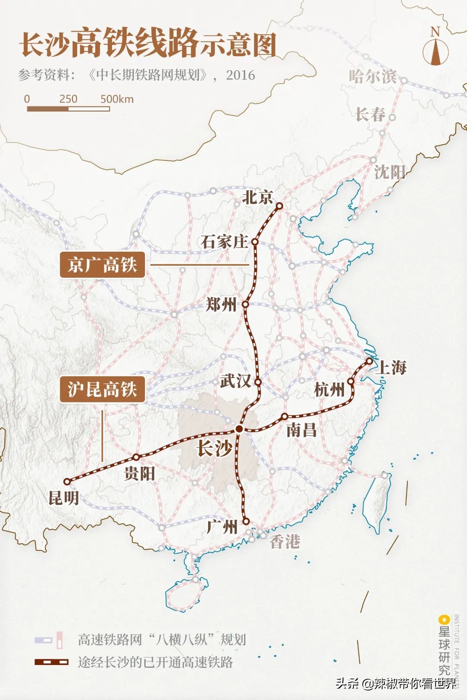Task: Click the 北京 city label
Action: (x=258, y=197)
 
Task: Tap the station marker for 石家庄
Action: (x=255, y=242)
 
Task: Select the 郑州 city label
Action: (x=221, y=305)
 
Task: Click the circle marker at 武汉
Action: (x=258, y=382)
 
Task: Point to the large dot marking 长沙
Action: (x=239, y=429)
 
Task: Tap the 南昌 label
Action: (x=301, y=430)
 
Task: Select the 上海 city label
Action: (x=391, y=368)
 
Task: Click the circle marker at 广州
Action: (x=246, y=522)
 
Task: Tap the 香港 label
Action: (x=285, y=541)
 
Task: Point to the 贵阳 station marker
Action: (x=136, y=457)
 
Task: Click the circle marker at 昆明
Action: (x=67, y=481)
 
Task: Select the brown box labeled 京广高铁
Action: (x=102, y=265)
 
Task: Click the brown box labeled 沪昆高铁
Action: (x=102, y=389)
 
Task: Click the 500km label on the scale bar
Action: (x=117, y=99)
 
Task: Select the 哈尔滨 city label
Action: (x=372, y=76)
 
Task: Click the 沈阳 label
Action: (x=389, y=172)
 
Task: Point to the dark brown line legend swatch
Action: (x=51, y=662)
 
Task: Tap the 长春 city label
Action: (x=370, y=115)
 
